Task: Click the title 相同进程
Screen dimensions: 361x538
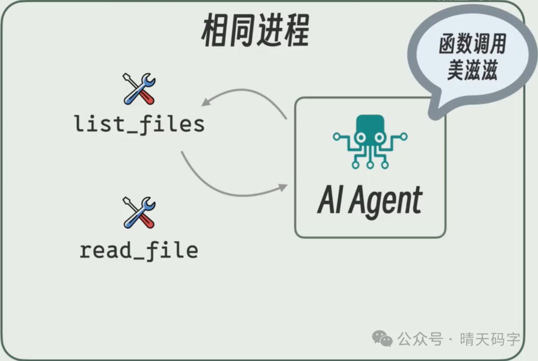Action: [255, 31]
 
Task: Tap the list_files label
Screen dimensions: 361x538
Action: [139, 124]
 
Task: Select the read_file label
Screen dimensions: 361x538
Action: [139, 250]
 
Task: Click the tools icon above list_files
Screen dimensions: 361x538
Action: [139, 89]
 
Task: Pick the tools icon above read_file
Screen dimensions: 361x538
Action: [139, 213]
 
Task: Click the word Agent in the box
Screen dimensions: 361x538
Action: [386, 201]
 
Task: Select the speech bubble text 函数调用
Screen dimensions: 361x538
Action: [472, 45]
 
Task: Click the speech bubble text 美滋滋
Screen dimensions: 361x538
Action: [472, 71]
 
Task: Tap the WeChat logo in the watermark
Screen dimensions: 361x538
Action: [383, 340]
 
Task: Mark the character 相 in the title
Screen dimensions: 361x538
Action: [215, 31]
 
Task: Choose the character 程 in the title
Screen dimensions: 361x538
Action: [295, 31]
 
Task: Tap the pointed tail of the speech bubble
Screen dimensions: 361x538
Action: [434, 115]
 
